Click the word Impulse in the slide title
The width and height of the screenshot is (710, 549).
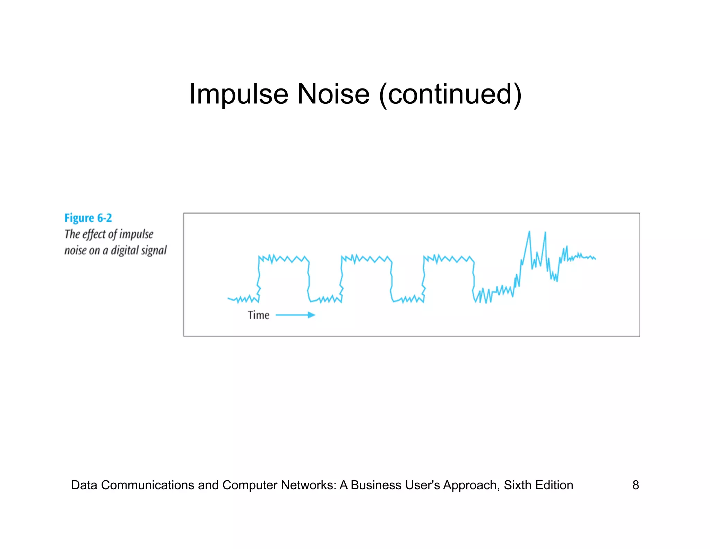(x=239, y=94)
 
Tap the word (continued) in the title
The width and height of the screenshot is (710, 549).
(x=450, y=94)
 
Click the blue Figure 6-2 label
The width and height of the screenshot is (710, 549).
(x=88, y=218)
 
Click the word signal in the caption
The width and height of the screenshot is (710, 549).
(x=156, y=250)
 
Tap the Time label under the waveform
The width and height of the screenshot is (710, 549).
(x=258, y=315)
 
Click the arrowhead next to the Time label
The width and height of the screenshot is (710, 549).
(x=312, y=315)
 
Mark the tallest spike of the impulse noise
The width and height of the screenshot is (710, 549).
(x=529, y=232)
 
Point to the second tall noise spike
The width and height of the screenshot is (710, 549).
(x=545, y=233)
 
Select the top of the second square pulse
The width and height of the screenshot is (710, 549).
(x=366, y=259)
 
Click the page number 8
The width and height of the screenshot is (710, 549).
(x=635, y=485)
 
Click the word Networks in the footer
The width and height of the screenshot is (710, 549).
(x=307, y=485)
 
